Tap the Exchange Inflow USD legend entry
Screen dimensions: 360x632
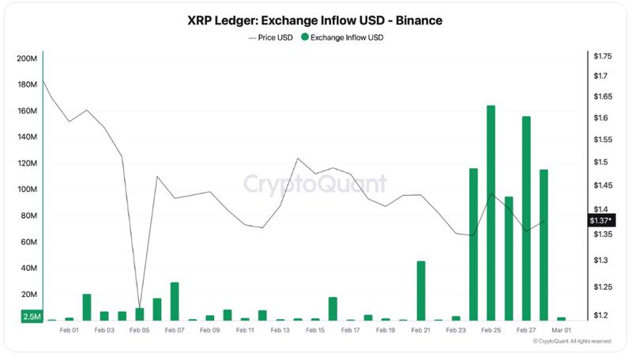click(344, 37)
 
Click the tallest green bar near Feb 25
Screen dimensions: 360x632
click(491, 212)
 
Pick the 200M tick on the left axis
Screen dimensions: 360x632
click(27, 59)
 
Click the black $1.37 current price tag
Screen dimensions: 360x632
click(600, 220)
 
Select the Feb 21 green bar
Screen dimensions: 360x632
click(420, 290)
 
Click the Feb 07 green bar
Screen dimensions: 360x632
click(175, 301)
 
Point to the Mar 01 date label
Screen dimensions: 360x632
click(562, 330)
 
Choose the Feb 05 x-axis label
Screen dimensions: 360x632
click(139, 330)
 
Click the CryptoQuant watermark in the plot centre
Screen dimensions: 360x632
click(314, 184)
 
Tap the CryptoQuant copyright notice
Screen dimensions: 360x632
click(572, 341)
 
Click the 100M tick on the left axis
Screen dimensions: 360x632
click(27, 189)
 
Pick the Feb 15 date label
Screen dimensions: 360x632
click(315, 330)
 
